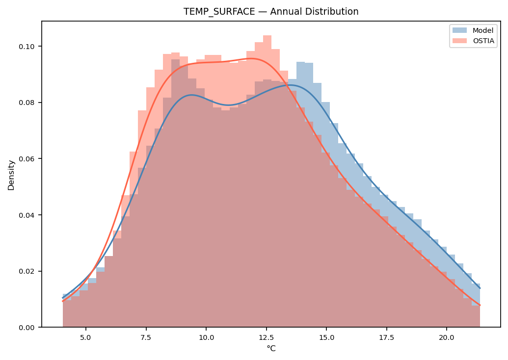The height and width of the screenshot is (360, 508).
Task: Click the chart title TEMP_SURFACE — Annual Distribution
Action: [x=271, y=12]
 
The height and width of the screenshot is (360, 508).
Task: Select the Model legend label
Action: [x=483, y=30]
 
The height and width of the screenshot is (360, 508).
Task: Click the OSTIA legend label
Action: [x=483, y=41]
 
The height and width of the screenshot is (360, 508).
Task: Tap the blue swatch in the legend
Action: [x=459, y=30]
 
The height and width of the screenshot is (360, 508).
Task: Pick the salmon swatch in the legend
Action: [x=459, y=41]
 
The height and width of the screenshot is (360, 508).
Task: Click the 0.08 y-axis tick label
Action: [x=27, y=103]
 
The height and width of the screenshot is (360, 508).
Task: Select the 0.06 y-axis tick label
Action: [x=27, y=158]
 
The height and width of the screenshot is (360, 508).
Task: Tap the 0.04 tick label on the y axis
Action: [x=27, y=215]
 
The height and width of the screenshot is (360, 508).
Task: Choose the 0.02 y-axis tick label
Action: [x=27, y=271]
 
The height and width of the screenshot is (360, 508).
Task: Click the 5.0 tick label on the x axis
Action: [x=86, y=337]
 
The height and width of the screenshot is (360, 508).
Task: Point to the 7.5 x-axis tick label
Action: [x=146, y=337]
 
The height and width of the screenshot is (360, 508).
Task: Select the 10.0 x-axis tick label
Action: [x=206, y=337]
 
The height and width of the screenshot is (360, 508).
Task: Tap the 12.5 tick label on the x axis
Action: [x=267, y=337]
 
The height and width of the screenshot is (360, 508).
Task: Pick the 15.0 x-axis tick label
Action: [x=326, y=337]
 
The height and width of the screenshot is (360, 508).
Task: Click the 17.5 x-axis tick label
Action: [x=387, y=337]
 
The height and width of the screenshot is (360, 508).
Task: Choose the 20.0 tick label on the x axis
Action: [x=447, y=337]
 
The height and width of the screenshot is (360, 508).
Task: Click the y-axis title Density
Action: [x=11, y=175]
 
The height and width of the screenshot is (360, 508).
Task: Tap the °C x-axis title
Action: [x=271, y=349]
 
